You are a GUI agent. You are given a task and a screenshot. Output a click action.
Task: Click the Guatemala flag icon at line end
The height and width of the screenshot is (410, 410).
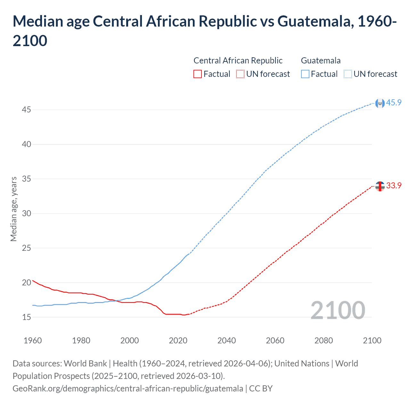[380, 103]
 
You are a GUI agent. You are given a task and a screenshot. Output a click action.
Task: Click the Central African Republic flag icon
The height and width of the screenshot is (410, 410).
[380, 186]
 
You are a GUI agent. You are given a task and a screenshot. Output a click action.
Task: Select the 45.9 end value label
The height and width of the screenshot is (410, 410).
[394, 102]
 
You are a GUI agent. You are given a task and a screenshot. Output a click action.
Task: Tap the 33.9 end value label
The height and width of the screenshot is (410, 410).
[394, 185]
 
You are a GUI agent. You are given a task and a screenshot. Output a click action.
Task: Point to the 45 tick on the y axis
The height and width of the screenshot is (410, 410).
[26, 110]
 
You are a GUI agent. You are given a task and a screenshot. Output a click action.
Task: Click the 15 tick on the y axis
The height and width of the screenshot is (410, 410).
[26, 317]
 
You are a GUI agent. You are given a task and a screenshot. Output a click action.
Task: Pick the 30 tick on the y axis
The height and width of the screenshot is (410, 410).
[26, 213]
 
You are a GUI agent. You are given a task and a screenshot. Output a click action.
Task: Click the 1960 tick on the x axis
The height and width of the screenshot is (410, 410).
[33, 340]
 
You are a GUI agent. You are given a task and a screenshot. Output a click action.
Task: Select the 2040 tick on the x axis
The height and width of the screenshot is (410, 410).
[226, 340]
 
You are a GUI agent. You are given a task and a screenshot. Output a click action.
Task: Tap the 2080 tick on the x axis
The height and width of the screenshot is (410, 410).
[324, 340]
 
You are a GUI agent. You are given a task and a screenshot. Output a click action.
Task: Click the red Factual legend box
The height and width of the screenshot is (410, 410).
[198, 74]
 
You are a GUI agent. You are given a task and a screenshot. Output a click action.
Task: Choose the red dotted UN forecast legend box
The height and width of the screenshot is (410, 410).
[240, 74]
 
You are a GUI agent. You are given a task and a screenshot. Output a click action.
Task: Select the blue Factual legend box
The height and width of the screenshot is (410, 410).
[305, 74]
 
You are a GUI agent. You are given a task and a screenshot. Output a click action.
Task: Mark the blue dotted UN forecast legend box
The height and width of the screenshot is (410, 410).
[348, 74]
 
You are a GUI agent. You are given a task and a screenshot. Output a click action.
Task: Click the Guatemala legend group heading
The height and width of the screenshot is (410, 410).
[321, 61]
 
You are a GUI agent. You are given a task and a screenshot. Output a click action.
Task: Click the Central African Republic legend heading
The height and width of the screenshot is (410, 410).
[238, 61]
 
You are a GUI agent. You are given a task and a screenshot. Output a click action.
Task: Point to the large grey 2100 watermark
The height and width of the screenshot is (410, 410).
[338, 310]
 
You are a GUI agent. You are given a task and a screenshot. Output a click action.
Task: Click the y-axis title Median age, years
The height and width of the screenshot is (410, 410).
[13, 209]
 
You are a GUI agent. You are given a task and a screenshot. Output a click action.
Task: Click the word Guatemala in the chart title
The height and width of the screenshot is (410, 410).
[316, 21]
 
